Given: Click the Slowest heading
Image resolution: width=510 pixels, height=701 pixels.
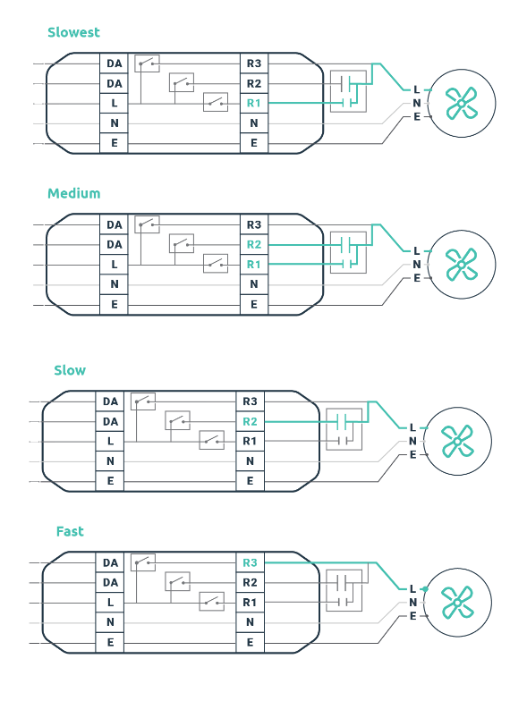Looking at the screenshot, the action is pyautogui.click(x=73, y=32).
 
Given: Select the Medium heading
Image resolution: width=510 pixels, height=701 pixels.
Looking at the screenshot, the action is pyautogui.click(x=73, y=193).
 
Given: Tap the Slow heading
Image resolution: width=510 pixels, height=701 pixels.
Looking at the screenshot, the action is pyautogui.click(x=70, y=370).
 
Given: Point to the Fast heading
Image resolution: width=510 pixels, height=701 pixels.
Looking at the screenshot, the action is pyautogui.click(x=70, y=531).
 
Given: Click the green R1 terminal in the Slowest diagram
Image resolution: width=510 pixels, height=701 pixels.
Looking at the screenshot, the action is pyautogui.click(x=254, y=104).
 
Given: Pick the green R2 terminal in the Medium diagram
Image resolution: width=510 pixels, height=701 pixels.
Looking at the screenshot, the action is pyautogui.click(x=254, y=245).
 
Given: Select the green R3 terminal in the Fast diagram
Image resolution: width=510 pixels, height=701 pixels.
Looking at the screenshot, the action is pyautogui.click(x=250, y=562).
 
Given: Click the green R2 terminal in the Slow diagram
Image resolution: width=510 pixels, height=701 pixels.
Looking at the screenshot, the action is pyautogui.click(x=250, y=422).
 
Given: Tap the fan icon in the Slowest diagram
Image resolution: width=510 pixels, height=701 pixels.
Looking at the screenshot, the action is pyautogui.click(x=462, y=104).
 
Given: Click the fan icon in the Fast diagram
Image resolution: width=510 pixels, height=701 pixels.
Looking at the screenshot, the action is pyautogui.click(x=457, y=603).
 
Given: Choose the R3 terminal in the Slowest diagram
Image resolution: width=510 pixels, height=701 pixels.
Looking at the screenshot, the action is pyautogui.click(x=254, y=63).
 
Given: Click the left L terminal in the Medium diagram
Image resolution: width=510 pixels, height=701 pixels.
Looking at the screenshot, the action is pyautogui.click(x=114, y=265).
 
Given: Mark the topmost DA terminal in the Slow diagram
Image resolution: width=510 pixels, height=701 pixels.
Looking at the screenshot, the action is pyautogui.click(x=110, y=401).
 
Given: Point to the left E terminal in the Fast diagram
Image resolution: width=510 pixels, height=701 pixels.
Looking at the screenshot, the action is pyautogui.click(x=110, y=642).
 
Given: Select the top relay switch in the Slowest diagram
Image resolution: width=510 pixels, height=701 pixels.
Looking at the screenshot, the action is pyautogui.click(x=147, y=63).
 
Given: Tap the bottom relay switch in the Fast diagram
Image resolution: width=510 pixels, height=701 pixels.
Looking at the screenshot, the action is pyautogui.click(x=211, y=602).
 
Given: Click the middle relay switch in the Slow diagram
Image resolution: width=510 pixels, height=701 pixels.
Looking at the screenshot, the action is pyautogui.click(x=177, y=420).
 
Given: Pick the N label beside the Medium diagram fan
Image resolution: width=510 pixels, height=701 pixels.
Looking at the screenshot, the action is pyautogui.click(x=417, y=265).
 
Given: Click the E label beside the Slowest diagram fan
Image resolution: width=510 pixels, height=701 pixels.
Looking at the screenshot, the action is pyautogui.click(x=417, y=117).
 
